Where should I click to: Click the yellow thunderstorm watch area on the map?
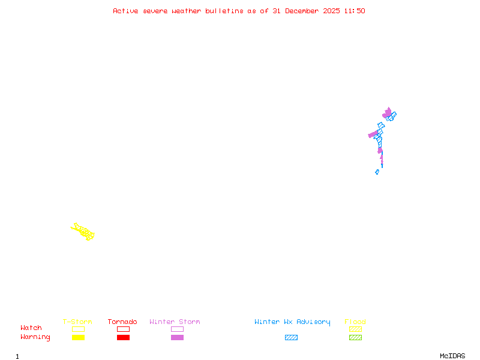(83, 231)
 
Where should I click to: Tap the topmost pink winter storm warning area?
(387, 112)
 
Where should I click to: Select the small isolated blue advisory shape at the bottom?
(377, 172)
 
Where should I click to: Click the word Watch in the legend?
(31, 328)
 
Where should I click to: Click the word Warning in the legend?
(35, 337)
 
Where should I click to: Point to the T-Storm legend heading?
(77, 322)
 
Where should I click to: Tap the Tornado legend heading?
(122, 322)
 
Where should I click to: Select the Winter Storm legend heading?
(175, 322)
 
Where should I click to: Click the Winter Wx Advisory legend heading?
(292, 322)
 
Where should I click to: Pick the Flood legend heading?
(355, 322)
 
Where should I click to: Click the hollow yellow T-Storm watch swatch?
(78, 329)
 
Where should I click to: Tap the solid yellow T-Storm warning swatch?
(78, 338)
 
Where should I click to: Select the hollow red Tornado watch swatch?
(123, 329)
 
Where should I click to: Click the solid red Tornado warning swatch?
(123, 338)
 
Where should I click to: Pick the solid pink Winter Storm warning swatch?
(177, 338)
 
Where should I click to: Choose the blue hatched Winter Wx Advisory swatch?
(291, 338)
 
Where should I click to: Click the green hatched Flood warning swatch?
(355, 338)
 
